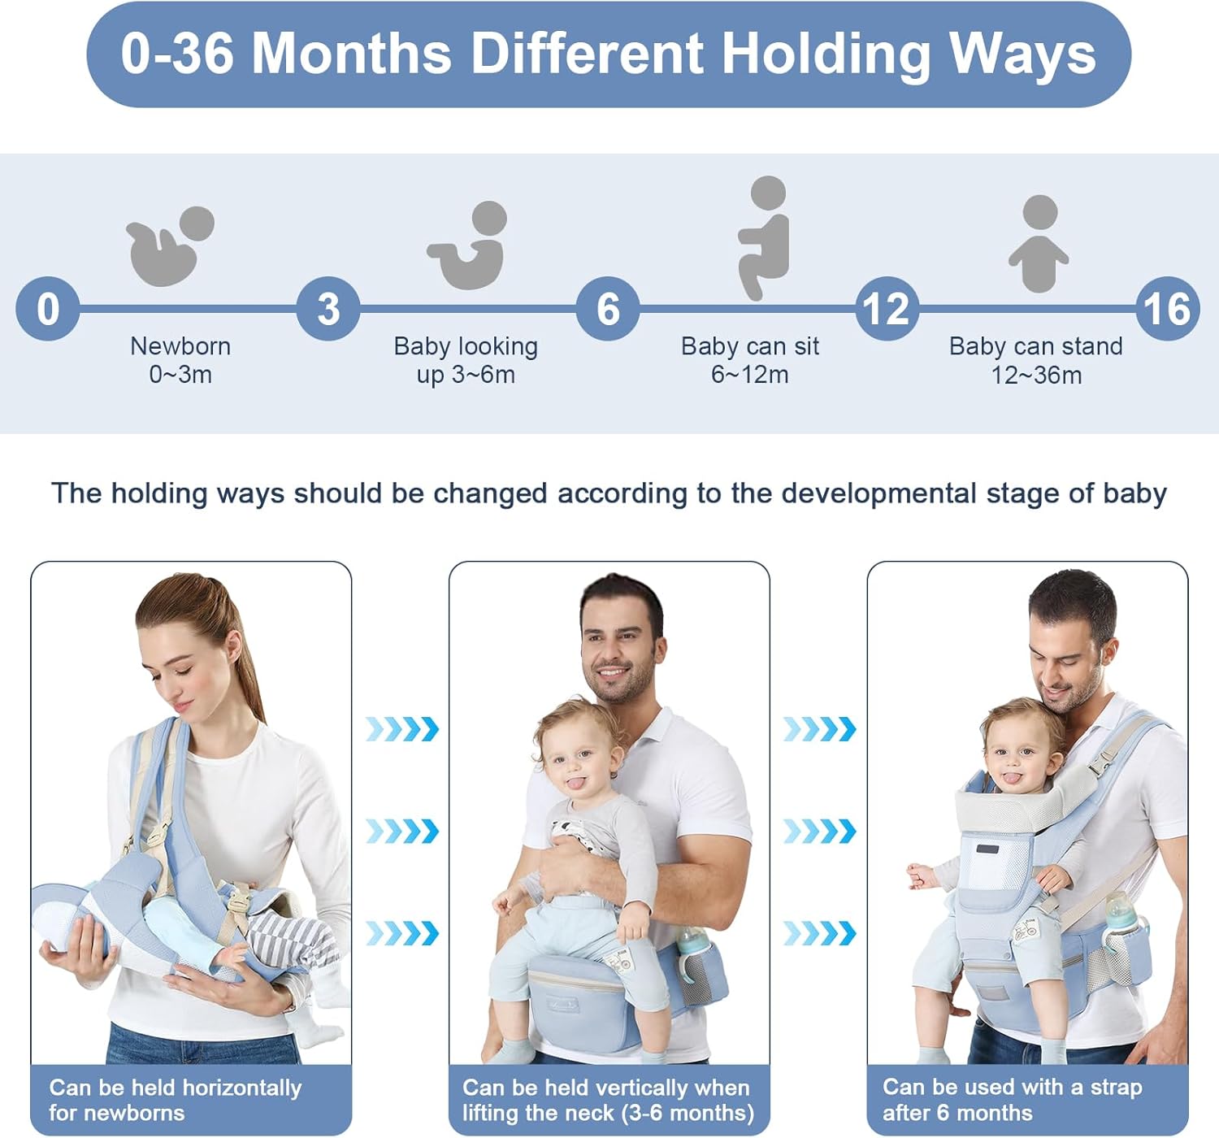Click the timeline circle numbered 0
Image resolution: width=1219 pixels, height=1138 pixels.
pyautogui.click(x=48, y=308)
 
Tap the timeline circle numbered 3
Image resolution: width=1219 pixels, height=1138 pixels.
pyautogui.click(x=328, y=308)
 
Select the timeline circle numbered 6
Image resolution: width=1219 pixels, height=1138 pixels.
pyautogui.click(x=608, y=308)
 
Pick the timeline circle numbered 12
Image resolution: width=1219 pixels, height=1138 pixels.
pyautogui.click(x=887, y=308)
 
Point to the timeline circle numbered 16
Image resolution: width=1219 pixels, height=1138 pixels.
pyautogui.click(x=1167, y=308)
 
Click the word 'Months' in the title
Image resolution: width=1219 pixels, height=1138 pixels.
pyautogui.click(x=352, y=54)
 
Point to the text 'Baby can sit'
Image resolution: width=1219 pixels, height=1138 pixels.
pyautogui.click(x=749, y=346)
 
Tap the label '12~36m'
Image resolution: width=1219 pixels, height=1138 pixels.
pyautogui.click(x=1037, y=376)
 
